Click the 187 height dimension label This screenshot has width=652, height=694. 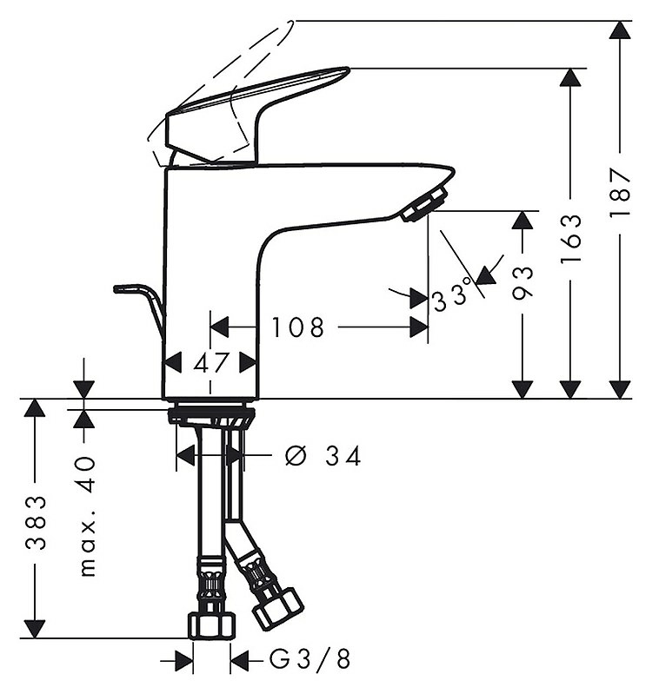(620, 191)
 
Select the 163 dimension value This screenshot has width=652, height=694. (570, 240)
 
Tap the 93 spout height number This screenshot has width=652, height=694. (522, 283)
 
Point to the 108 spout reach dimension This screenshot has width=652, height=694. (297, 327)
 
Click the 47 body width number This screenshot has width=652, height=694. (211, 363)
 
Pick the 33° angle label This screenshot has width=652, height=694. (452, 295)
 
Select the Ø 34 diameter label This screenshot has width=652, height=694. (323, 456)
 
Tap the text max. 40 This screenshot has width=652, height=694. (87, 517)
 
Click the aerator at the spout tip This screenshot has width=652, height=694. (423, 203)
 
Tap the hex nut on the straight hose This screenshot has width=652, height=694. (212, 625)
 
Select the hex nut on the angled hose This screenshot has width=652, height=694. (278, 609)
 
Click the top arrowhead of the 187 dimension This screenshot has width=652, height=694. (620, 30)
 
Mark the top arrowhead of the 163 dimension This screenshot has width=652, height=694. (570, 78)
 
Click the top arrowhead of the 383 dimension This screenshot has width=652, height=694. (35, 407)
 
